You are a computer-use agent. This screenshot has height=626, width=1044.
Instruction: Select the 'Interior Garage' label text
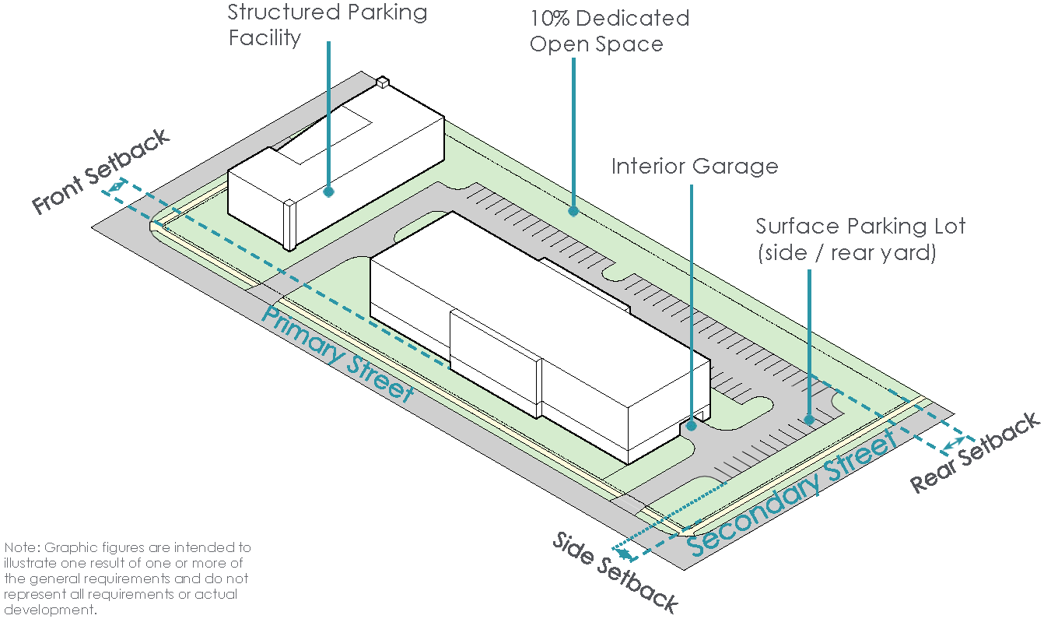click(694, 167)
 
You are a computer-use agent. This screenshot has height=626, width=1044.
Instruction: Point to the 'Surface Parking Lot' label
click(860, 227)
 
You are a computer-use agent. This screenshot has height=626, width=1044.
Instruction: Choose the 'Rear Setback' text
click(975, 452)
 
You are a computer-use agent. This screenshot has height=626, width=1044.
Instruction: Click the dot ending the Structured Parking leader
click(329, 191)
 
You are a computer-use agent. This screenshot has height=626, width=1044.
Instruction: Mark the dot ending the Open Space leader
click(573, 210)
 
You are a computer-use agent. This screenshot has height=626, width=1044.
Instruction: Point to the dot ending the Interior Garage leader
click(692, 426)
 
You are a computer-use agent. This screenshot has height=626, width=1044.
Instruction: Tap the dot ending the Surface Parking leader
click(809, 420)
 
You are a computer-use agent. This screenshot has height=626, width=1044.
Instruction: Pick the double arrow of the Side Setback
click(623, 554)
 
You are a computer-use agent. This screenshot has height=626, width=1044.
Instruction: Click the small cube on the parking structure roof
click(382, 82)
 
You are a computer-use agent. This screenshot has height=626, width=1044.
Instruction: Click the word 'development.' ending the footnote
click(51, 610)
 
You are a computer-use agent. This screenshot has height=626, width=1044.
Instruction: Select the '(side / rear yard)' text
click(846, 253)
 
